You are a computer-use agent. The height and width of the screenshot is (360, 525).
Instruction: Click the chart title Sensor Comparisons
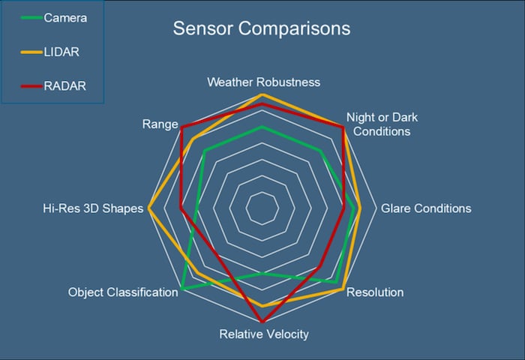pyautogui.click(x=261, y=29)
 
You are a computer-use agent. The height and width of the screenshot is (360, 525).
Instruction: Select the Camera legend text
pyautogui.click(x=65, y=17)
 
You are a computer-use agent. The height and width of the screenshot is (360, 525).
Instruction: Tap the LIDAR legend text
pyautogui.click(x=61, y=52)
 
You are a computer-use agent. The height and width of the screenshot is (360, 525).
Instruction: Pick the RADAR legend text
pyautogui.click(x=64, y=86)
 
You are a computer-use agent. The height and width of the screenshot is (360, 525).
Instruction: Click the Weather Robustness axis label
pyautogui.click(x=263, y=82)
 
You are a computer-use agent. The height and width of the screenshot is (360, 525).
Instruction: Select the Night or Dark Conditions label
pyautogui.click(x=382, y=124)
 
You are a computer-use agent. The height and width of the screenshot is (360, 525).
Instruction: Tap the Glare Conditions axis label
pyautogui.click(x=426, y=208)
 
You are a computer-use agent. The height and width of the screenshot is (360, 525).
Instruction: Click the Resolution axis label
pyautogui.click(x=375, y=292)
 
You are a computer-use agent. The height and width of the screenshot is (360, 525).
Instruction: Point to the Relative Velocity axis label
pyautogui.click(x=263, y=334)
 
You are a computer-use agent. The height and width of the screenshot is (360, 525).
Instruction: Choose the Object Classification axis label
pyautogui.click(x=123, y=292)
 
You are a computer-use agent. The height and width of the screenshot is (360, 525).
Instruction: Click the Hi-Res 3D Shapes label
pyautogui.click(x=92, y=208)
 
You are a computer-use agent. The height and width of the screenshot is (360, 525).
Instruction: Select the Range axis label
pyautogui.click(x=160, y=124)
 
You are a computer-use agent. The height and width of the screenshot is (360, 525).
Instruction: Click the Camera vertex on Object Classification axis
pyautogui.click(x=181, y=289)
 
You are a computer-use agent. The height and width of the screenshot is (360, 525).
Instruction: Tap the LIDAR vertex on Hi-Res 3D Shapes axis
pyautogui.click(x=149, y=208)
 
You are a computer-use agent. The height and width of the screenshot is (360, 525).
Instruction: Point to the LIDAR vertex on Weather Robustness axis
pyautogui.click(x=262, y=95)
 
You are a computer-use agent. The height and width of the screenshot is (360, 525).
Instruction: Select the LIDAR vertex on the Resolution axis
pyautogui.click(x=343, y=289)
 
